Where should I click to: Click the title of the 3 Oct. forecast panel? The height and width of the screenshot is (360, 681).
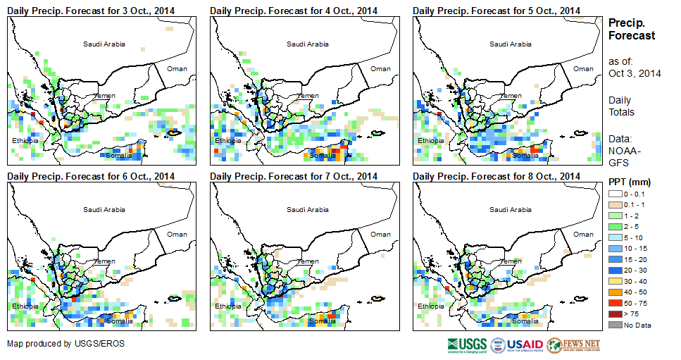[x=91, y=11]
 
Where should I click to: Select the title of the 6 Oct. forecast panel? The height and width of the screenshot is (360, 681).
[x=91, y=176]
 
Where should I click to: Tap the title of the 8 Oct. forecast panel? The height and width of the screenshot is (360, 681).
[x=496, y=176]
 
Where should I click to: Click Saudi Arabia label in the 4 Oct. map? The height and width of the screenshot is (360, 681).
[x=307, y=44]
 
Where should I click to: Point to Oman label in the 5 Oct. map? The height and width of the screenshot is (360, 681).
[x=583, y=69]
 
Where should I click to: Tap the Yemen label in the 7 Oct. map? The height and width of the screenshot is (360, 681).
[x=308, y=261]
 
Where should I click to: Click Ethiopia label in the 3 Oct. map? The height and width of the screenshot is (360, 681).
[x=25, y=141]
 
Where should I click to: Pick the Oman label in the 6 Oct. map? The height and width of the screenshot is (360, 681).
[x=177, y=235]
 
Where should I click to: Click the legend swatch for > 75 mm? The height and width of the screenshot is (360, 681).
[x=614, y=313]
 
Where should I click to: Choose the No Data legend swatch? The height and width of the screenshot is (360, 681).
[x=614, y=324]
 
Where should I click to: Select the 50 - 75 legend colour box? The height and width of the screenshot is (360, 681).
[x=614, y=302]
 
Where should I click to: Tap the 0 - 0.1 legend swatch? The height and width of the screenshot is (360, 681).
[x=614, y=192]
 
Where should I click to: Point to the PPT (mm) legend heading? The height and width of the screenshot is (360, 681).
[x=629, y=182]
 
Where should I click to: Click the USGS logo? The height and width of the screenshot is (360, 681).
[x=466, y=345]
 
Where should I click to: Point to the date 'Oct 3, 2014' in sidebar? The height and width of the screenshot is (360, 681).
[x=635, y=73]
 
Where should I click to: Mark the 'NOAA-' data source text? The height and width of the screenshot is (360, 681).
[x=625, y=150]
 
